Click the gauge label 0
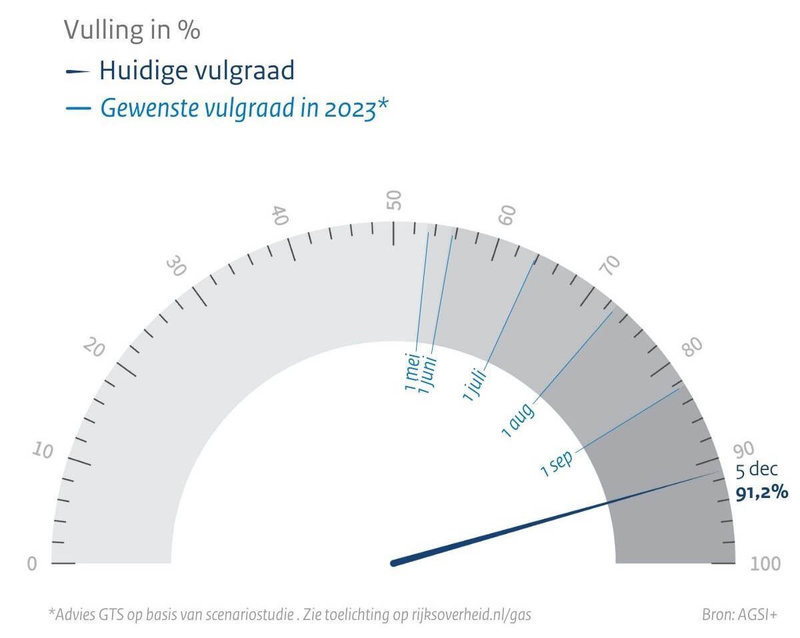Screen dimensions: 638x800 31,564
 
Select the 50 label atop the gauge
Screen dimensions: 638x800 394,199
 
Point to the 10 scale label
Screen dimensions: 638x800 42,451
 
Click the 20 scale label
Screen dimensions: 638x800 93,348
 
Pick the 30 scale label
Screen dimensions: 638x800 176,267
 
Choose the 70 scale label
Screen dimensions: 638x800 609,266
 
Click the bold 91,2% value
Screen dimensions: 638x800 762,493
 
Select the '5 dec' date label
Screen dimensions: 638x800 756,469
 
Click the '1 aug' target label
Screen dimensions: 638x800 518,421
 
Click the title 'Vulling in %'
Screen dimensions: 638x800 132,29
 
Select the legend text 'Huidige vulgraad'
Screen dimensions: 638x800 197,70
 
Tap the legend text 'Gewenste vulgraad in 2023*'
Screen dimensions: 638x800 244,108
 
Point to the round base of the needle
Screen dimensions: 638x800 394,563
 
